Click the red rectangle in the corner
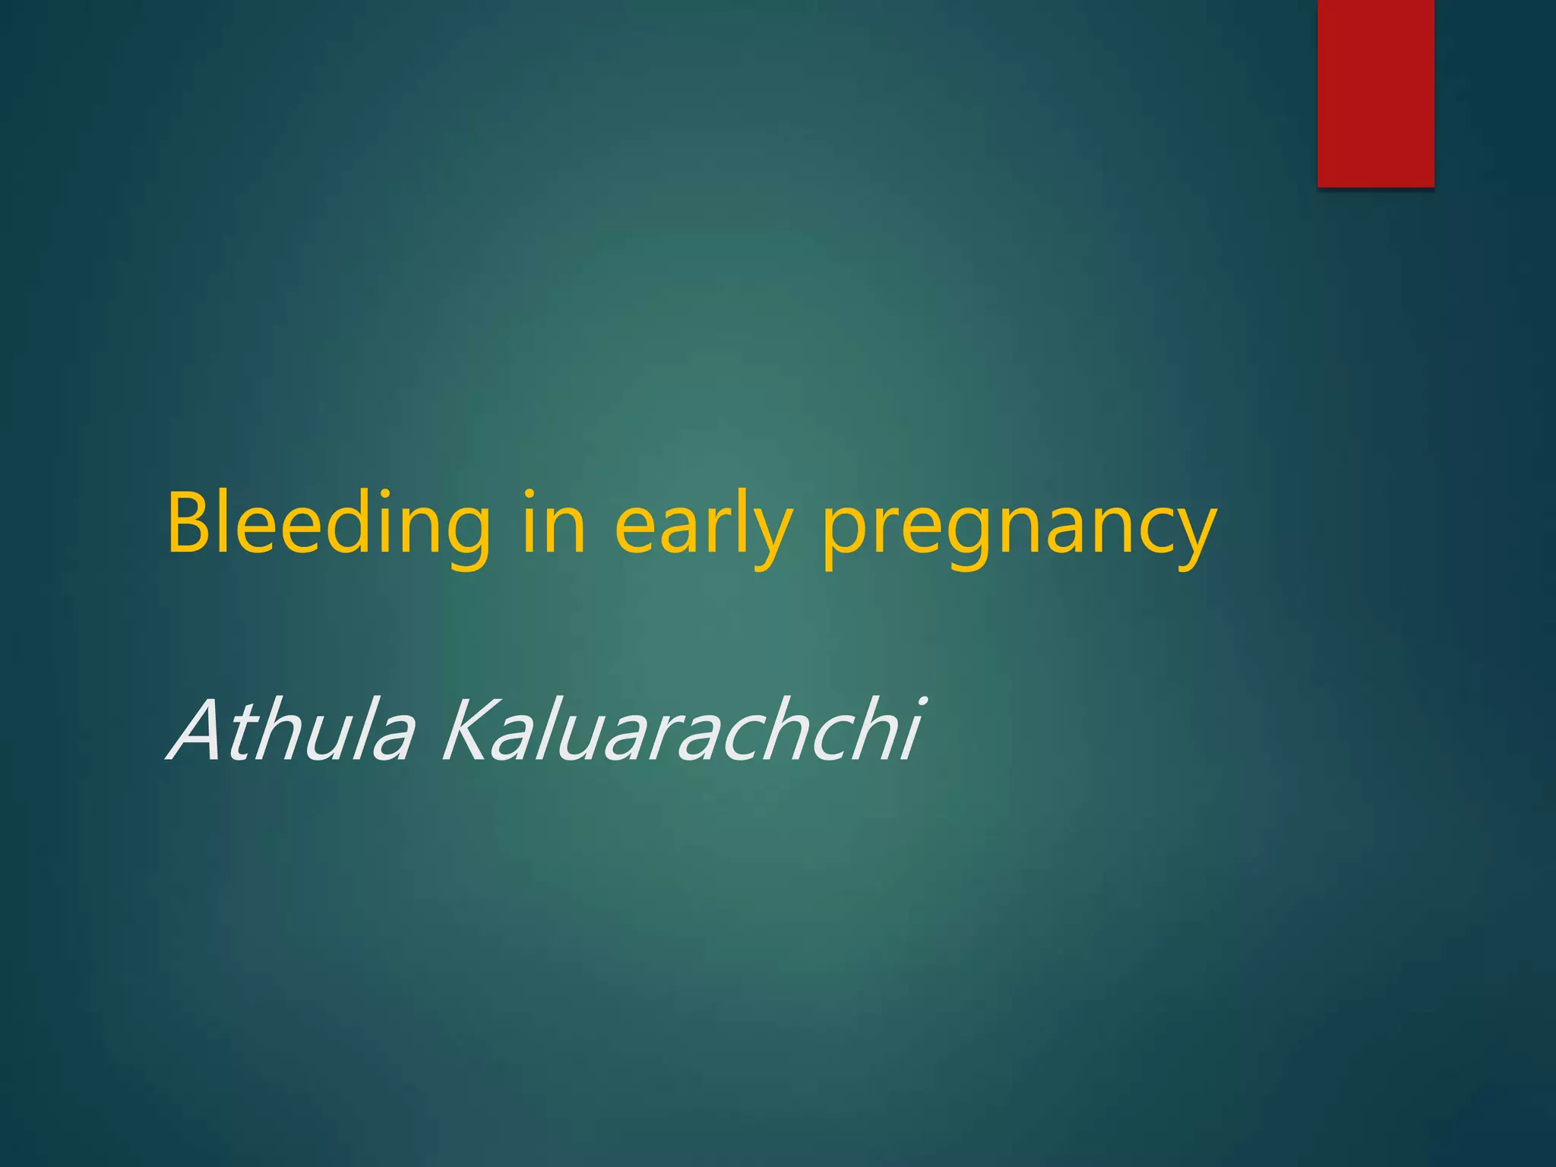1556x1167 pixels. [1375, 93]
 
